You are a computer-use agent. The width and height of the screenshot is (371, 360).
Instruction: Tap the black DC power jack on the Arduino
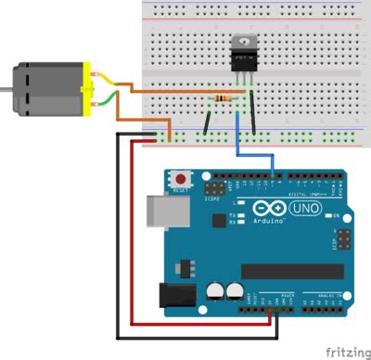point(175,296)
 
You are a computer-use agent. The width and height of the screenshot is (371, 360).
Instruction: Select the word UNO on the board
point(305,209)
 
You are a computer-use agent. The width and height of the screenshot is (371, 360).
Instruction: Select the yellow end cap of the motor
point(89,89)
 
